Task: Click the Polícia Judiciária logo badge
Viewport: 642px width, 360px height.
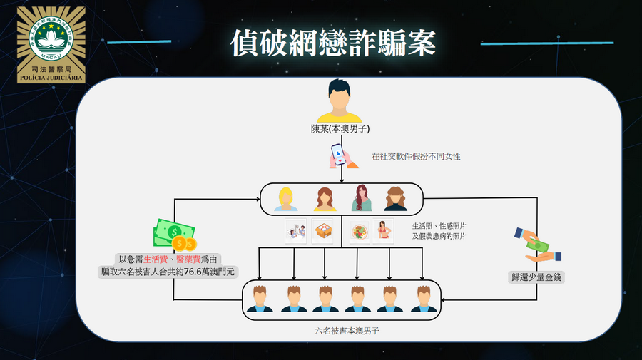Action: [x=51, y=45]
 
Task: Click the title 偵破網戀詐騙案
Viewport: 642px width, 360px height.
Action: [x=333, y=43]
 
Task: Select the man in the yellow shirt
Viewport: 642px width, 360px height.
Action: [x=340, y=101]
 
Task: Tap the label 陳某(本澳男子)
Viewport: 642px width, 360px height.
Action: [x=340, y=129]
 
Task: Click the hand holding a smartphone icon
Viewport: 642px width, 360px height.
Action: [x=343, y=156]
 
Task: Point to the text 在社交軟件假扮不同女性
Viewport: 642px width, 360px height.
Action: [x=416, y=156]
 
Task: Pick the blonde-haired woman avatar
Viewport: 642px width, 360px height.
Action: [x=286, y=199]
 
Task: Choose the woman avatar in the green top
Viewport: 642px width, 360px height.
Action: [x=361, y=198]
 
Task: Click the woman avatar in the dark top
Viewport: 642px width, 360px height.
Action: [x=395, y=199]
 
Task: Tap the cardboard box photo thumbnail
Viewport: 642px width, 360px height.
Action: [x=322, y=231]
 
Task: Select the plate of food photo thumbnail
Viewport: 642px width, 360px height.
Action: [x=360, y=232]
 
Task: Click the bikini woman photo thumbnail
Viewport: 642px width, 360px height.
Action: [x=384, y=231]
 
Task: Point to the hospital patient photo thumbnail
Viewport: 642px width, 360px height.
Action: [x=296, y=232]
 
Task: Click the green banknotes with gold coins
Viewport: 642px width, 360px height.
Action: [x=175, y=234]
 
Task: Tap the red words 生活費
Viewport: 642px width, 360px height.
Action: [x=156, y=259]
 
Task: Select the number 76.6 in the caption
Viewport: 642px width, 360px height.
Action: [x=192, y=272]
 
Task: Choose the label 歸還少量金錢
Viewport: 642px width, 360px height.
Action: [x=536, y=277]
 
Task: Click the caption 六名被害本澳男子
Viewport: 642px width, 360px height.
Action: [x=347, y=331]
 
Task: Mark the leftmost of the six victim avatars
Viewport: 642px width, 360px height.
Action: [x=260, y=299]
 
